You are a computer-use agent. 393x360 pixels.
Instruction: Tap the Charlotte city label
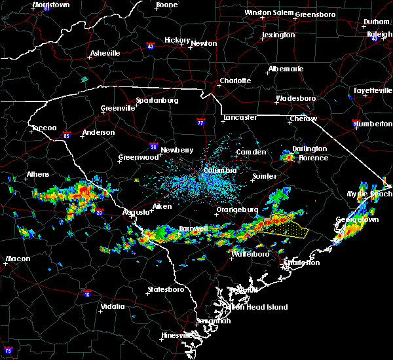[235, 81]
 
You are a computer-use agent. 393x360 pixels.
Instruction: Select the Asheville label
[105, 53]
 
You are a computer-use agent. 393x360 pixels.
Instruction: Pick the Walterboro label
[250, 254]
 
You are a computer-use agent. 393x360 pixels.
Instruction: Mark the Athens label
[37, 175]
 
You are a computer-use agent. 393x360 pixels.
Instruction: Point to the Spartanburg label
[157, 100]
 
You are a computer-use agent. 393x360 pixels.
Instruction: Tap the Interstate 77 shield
[200, 122]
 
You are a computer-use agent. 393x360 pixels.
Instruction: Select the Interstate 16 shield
[87, 294]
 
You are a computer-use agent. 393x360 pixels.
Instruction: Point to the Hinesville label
[178, 335]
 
